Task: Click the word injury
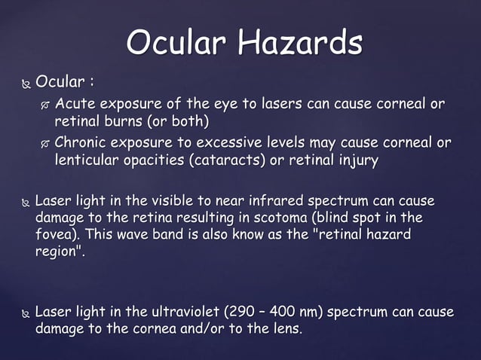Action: pyautogui.click(x=357, y=160)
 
